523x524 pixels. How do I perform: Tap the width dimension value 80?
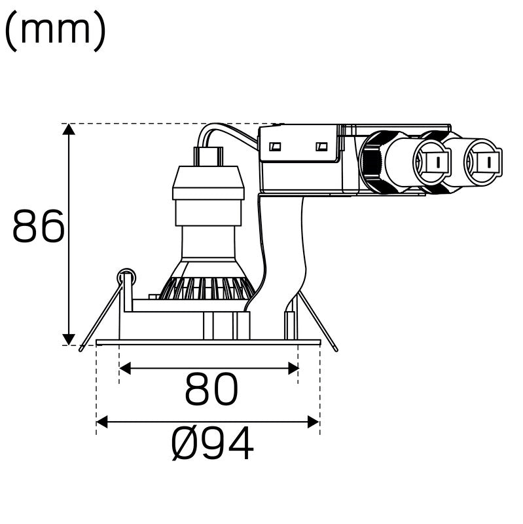coord(211,391)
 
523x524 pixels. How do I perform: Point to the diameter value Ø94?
coord(212,445)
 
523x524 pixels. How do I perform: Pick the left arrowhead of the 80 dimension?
coord(125,369)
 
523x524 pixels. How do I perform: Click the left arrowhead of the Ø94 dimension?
coord(102,422)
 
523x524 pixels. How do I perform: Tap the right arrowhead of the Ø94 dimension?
coord(314,422)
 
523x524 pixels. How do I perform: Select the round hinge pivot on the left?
coord(125,277)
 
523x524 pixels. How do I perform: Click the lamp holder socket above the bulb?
coord(208,183)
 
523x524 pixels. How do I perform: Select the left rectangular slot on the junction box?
coord(276,147)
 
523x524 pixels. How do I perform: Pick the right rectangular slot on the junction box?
coord(321,147)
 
